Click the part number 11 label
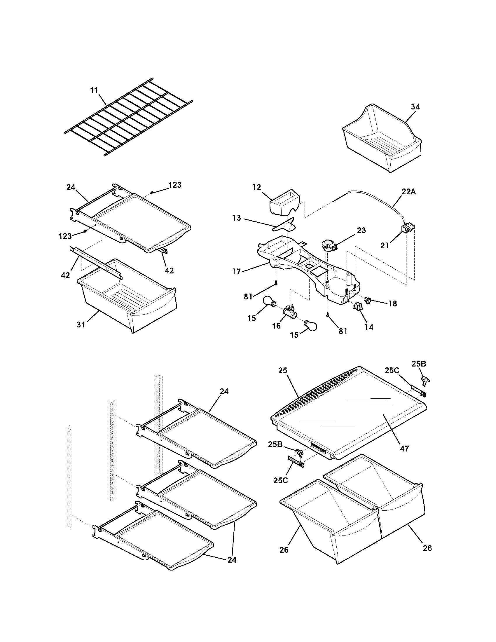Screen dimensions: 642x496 (x=94, y=90)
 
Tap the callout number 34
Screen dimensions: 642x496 (x=415, y=107)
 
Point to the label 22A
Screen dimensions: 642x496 (x=409, y=192)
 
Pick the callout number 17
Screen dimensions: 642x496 (x=237, y=271)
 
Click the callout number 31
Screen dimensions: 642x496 (x=81, y=325)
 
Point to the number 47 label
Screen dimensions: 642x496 (x=405, y=449)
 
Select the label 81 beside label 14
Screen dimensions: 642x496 (x=343, y=331)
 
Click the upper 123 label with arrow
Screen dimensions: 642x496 (x=175, y=185)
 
